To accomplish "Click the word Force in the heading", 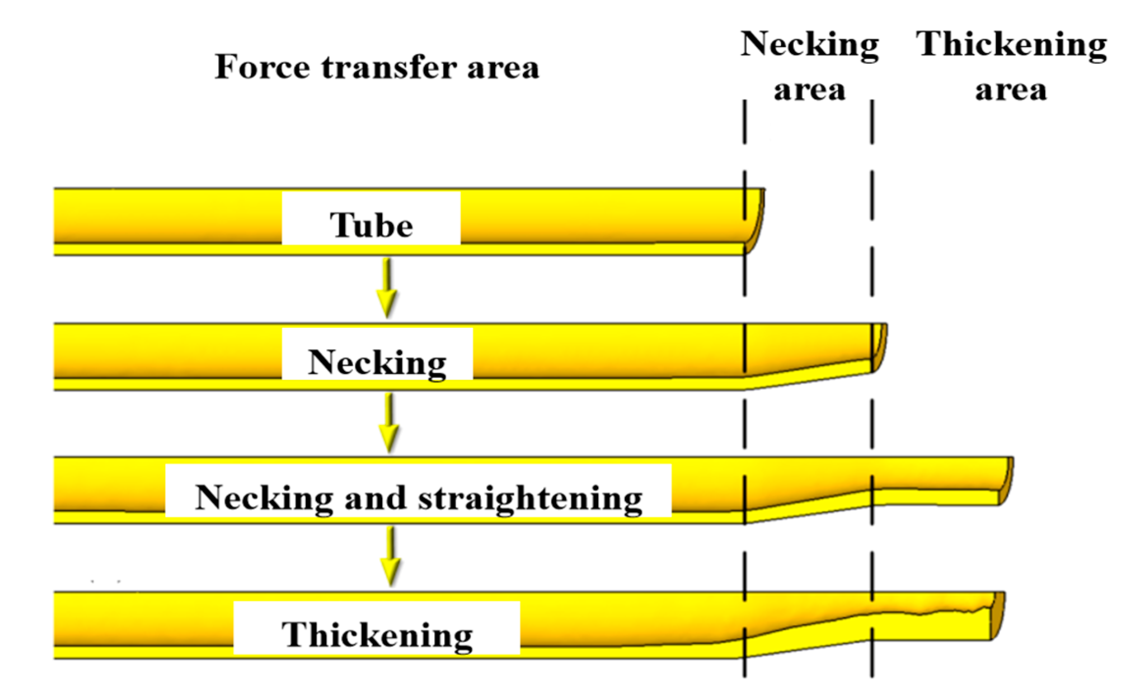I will [262, 67].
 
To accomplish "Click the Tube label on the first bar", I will [371, 225].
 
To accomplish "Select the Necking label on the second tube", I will [377, 363].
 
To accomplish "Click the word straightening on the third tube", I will [530, 498].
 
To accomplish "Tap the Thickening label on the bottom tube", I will [377, 635].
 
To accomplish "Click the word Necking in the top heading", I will [809, 45].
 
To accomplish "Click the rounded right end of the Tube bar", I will [756, 221].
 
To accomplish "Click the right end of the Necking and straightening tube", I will [1006, 481].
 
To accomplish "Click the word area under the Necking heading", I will [809, 90].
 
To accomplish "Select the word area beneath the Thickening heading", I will [1011, 90].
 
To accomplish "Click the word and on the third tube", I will [375, 498].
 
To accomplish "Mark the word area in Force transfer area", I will [502, 68].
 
